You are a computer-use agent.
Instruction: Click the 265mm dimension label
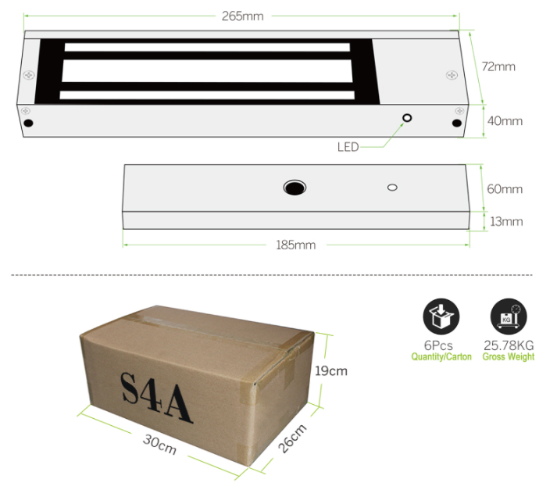coord(242,16)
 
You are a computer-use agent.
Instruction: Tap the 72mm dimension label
coord(498,66)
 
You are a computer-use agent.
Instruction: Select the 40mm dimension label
coord(505,121)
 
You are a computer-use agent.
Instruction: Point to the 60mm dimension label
coord(505,189)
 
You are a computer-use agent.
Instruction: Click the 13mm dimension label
coord(505,221)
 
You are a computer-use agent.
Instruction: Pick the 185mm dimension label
coord(295,245)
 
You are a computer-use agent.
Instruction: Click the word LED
coord(348,146)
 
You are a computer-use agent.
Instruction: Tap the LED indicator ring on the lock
coord(407,119)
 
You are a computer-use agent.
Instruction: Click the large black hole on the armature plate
coord(295,188)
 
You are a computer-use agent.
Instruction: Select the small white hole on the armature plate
coord(392,188)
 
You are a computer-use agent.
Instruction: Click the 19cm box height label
coord(332,370)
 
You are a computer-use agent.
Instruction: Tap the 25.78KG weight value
coord(509,345)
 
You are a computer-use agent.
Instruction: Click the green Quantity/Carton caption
coord(441,357)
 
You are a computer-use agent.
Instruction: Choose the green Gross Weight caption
coord(509,357)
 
